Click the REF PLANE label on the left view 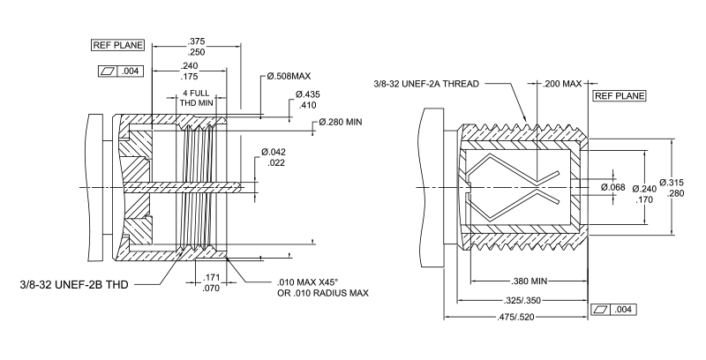(x=113, y=44)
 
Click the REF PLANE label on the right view (x=619, y=95)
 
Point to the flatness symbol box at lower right (x=619, y=310)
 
